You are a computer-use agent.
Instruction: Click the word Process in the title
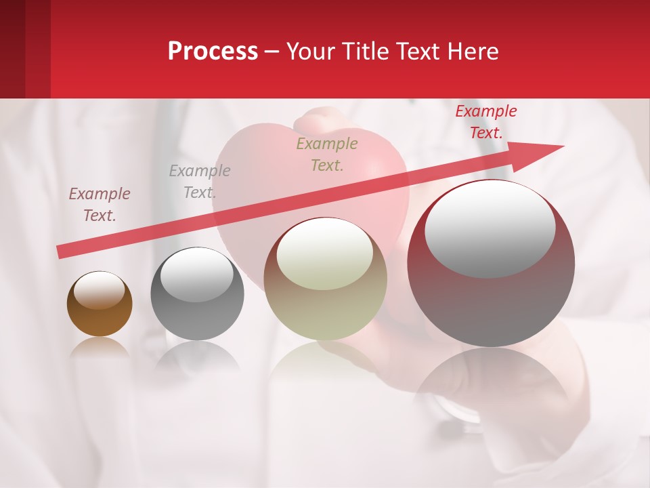[213, 52]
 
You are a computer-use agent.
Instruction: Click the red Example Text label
[485, 122]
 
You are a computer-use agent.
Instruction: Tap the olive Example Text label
[327, 154]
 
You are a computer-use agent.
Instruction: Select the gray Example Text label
[199, 181]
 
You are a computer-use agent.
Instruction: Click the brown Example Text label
[100, 204]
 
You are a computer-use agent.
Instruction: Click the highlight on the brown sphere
[99, 291]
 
